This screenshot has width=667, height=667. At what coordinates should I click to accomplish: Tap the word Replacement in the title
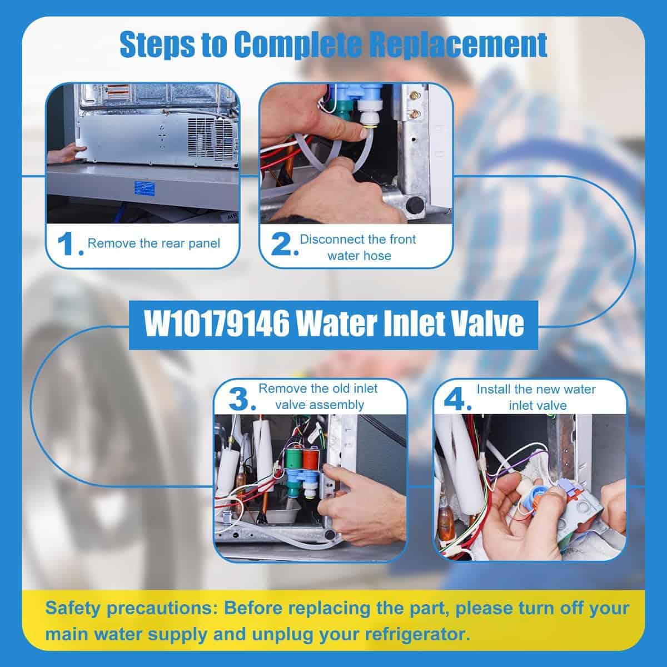point(457,45)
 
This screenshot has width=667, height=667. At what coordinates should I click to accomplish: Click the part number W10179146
point(217,323)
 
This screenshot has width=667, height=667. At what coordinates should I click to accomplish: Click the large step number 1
point(67,245)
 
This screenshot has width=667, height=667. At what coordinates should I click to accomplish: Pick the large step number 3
point(239,400)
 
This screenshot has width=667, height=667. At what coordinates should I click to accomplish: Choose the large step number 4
point(455,400)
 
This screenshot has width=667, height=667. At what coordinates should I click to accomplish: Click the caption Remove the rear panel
point(153,243)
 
